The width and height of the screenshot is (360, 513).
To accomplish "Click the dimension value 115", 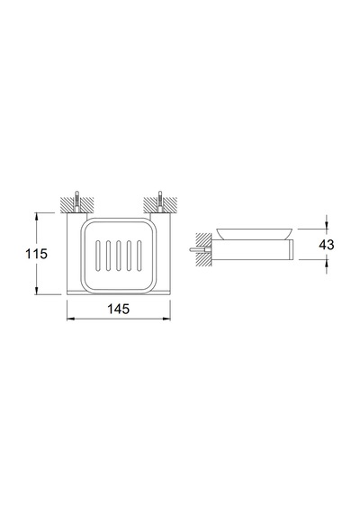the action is pos(37,254).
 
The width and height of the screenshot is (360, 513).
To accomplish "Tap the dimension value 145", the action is pos(119,309).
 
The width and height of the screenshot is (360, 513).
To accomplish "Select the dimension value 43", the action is pos(327,245).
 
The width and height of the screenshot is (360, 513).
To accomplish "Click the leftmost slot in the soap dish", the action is pos(98,256).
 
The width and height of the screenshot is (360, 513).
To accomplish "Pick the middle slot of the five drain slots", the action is pos(119,256).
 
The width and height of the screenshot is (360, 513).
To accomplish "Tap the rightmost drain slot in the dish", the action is pos(139,256).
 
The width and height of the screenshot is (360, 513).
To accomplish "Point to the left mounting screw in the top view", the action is pos(76,202).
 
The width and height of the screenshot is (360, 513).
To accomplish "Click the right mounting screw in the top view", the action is pos(160,202).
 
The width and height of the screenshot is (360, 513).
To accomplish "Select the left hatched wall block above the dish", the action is pos(76,205).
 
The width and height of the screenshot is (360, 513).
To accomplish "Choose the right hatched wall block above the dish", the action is pos(160,205).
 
